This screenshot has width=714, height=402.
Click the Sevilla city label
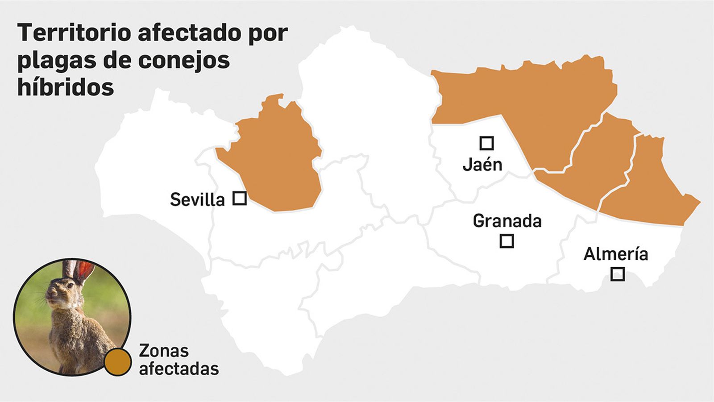point(197,199)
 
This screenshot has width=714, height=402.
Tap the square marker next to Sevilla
point(240,198)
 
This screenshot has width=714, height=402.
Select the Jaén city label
point(482,165)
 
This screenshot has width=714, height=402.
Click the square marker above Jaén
point(486,143)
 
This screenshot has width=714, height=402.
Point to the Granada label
point(507,221)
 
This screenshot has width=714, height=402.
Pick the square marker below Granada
point(506,241)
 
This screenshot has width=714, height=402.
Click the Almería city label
point(616,254)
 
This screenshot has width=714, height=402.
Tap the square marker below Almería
point(617,274)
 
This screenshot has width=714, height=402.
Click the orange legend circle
point(118,362)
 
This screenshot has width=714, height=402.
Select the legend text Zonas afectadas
point(178,360)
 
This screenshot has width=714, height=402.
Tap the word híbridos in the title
point(66,87)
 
